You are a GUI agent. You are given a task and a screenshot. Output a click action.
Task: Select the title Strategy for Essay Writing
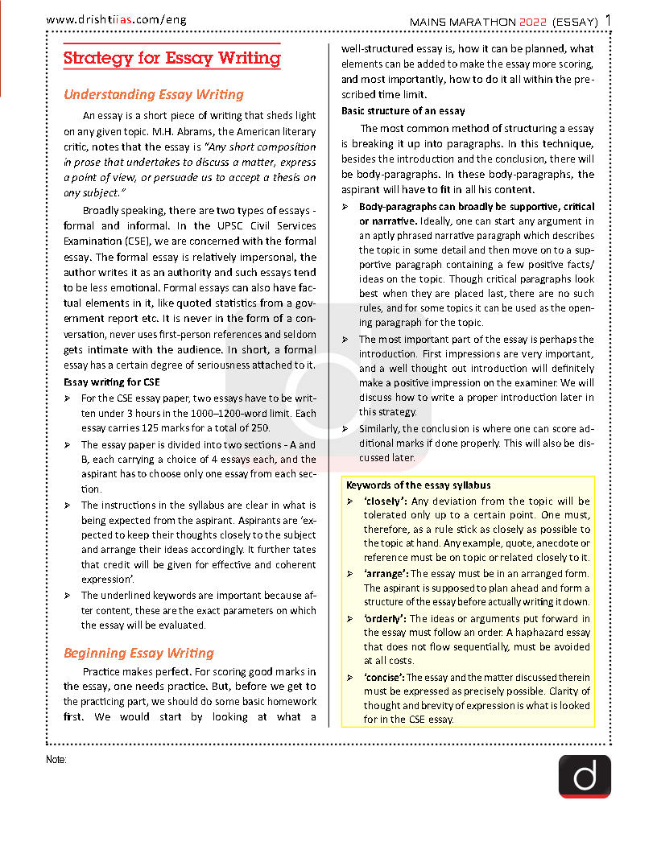(x=171, y=59)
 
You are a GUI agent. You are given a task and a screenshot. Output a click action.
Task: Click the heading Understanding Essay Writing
(x=153, y=95)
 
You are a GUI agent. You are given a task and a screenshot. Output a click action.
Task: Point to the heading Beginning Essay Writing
(x=138, y=653)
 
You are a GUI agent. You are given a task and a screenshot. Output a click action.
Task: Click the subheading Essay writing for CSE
(x=111, y=382)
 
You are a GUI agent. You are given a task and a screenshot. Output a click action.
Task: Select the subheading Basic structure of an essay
(x=403, y=110)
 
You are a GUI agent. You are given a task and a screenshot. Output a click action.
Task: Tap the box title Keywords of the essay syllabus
(x=418, y=485)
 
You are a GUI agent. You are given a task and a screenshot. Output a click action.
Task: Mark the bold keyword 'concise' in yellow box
(x=384, y=677)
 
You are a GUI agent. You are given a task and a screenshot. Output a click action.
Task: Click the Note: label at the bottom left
(x=56, y=759)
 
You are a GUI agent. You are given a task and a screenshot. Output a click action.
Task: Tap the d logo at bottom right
(x=585, y=776)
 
